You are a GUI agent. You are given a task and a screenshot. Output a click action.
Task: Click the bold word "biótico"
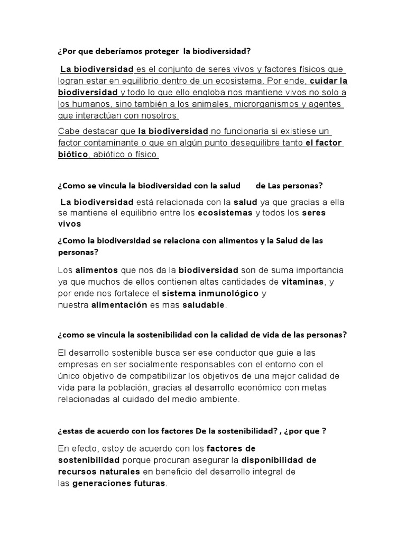tap(73, 155)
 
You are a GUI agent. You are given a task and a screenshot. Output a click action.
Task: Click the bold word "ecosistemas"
tap(225, 213)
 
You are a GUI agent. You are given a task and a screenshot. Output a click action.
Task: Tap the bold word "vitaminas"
tap(302, 282)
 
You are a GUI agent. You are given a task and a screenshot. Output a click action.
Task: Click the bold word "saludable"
tap(204, 305)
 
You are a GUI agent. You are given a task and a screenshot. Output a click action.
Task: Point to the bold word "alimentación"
tap(119, 305)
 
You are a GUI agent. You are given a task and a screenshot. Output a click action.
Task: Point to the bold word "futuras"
tap(149, 483)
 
